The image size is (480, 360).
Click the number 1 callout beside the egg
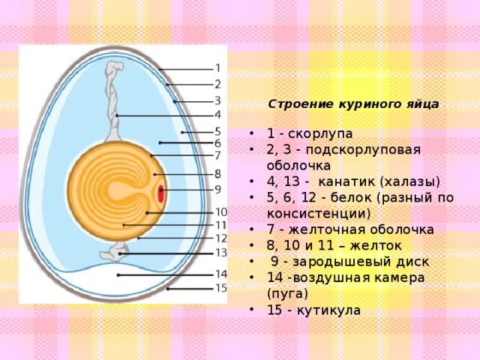pos(217,67)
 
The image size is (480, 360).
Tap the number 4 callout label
pos(217,115)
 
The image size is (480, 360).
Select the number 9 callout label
pos(217,189)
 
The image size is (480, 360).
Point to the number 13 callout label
pos(220,253)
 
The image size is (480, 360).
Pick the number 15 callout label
pos(220,288)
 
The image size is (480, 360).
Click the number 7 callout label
pos(217,155)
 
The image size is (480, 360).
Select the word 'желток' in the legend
pos(382,245)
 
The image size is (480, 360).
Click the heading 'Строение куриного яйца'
pos(353,104)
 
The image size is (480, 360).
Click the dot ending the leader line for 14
pos(118,275)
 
